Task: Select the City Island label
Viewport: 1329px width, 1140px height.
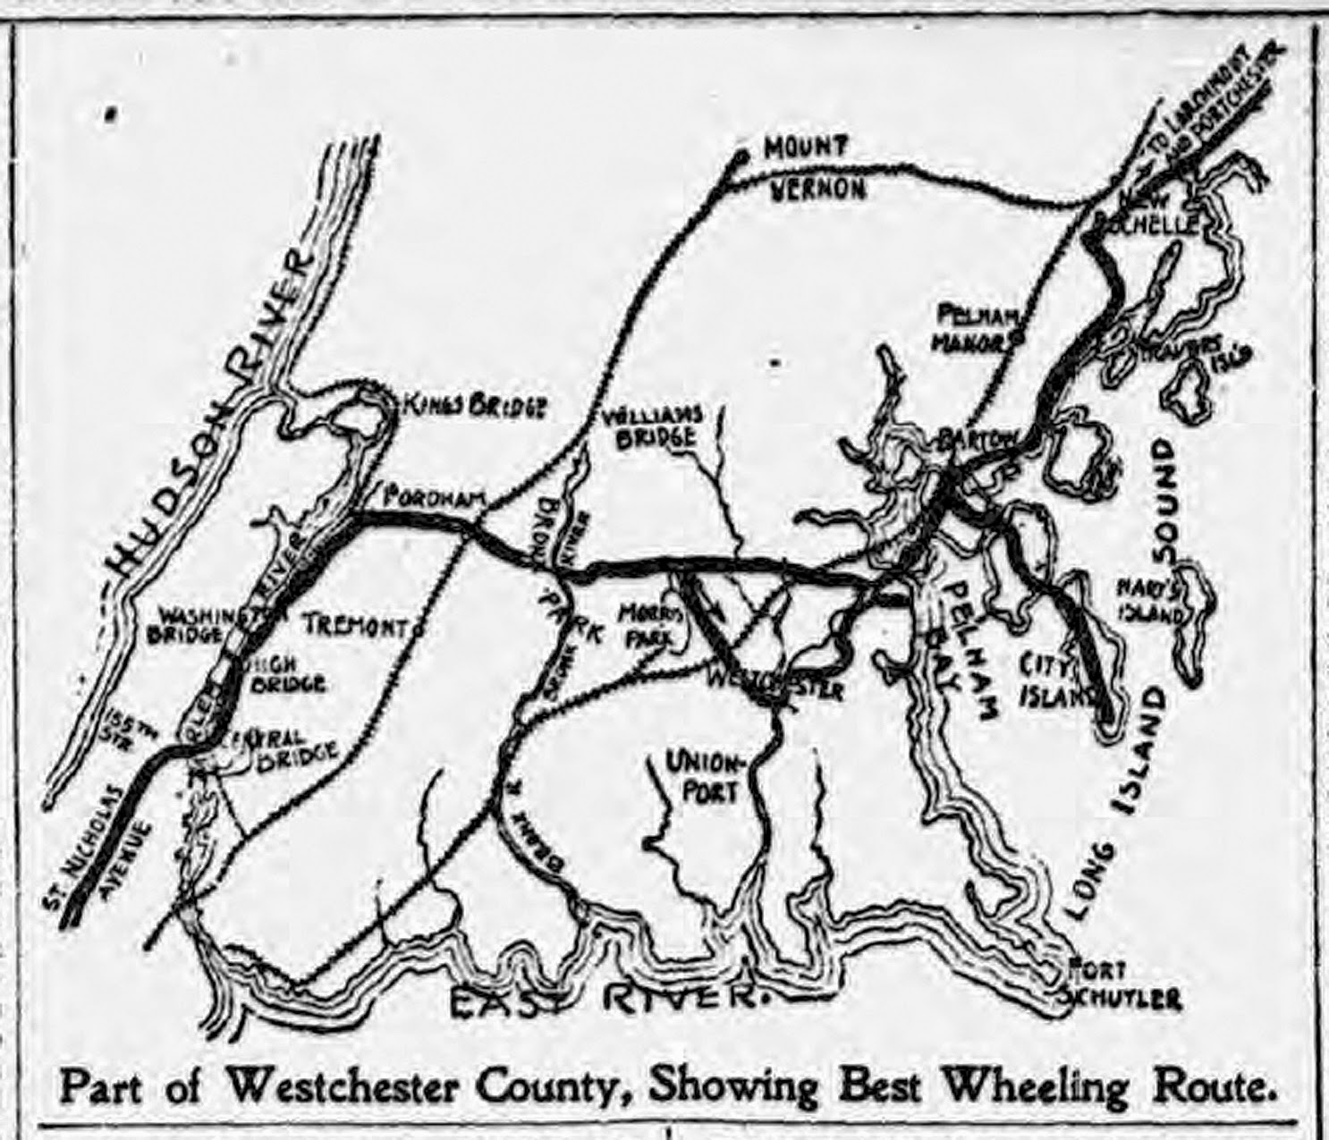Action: click(1058, 679)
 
